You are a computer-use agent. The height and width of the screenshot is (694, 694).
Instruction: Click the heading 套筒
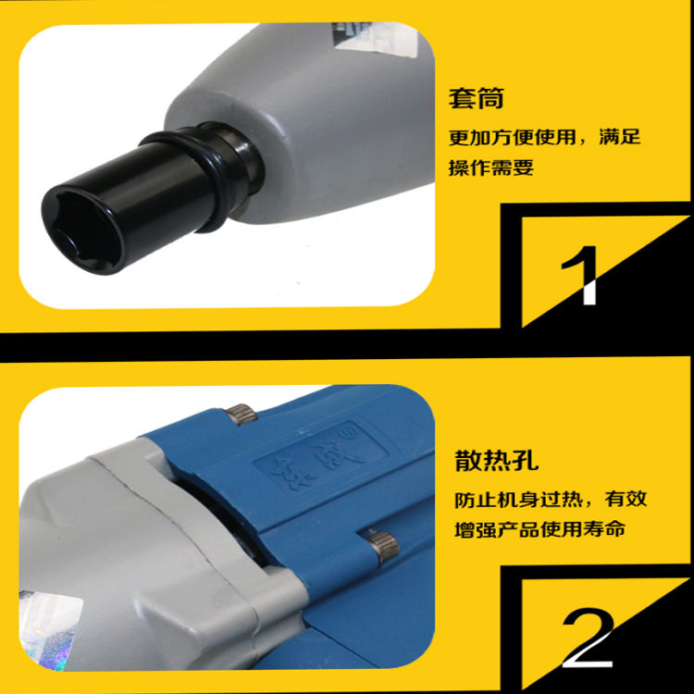point(477,99)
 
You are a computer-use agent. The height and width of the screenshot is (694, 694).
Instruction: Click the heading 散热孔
point(497,460)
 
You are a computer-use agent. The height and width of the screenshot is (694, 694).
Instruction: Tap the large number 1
point(582,276)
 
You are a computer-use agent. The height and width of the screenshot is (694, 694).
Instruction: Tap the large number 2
point(588,638)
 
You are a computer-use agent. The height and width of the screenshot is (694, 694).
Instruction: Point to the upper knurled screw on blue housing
point(241,415)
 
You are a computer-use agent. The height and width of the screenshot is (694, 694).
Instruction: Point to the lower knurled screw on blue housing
point(384,547)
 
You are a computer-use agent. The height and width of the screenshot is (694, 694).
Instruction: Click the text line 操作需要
point(490,167)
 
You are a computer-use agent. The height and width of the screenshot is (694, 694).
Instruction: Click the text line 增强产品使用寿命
point(539,529)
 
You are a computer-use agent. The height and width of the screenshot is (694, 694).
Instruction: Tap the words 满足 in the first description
point(620,137)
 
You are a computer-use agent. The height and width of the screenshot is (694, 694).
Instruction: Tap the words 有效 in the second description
point(626,499)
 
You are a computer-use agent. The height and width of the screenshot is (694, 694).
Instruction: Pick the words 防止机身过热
point(518,500)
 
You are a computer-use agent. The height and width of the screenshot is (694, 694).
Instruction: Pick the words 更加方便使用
point(512,137)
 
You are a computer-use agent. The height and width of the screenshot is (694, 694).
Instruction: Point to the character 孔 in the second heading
point(526,460)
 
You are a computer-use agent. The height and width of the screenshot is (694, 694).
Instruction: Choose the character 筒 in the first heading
point(490,99)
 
